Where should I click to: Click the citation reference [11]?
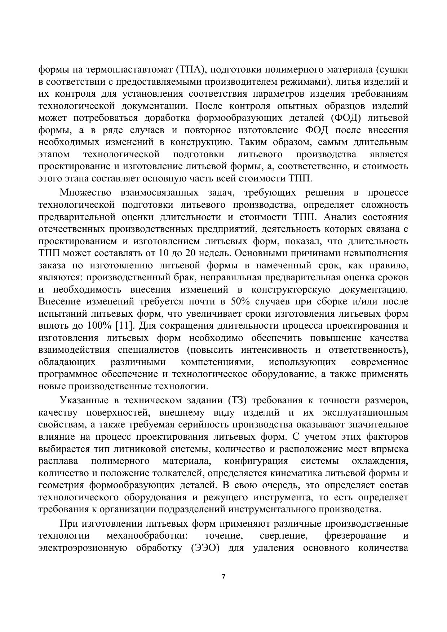pos(125,326)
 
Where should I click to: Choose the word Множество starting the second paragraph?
pos(86,193)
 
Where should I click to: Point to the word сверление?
pos(283,536)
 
